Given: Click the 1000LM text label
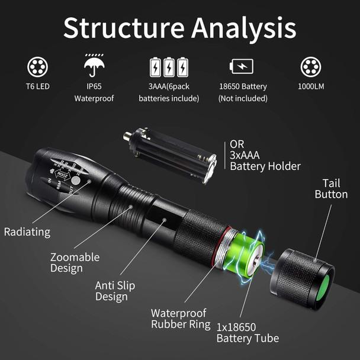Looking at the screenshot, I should [312, 86].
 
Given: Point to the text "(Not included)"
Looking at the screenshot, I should [242, 98].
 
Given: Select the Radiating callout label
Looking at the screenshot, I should [27, 232].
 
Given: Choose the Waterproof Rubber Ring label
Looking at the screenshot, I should [181, 319].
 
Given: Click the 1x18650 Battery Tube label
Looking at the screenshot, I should [247, 332].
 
